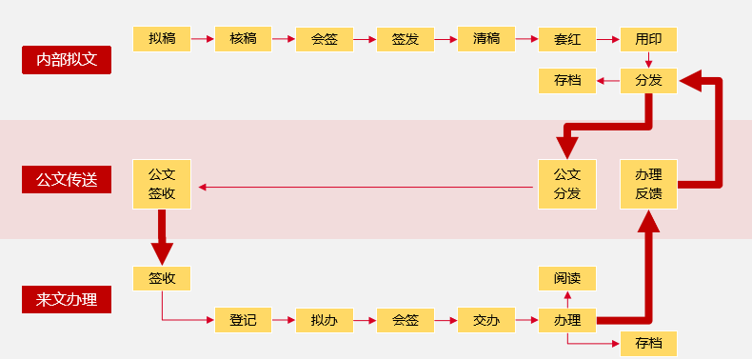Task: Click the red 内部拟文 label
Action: tap(67, 60)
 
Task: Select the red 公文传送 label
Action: tap(67, 179)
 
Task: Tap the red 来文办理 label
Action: tap(67, 299)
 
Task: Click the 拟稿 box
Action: tap(162, 39)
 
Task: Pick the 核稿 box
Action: tap(243, 39)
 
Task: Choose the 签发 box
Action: tap(406, 39)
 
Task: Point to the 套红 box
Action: tap(567, 39)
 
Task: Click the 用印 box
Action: tap(648, 39)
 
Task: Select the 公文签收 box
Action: tap(162, 184)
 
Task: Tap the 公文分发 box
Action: tap(567, 184)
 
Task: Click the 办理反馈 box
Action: tap(648, 184)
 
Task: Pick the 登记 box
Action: tap(243, 320)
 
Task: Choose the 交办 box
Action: tap(486, 320)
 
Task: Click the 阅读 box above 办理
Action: tap(567, 278)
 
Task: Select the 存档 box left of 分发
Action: tap(567, 81)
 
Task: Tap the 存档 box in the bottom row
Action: tap(648, 343)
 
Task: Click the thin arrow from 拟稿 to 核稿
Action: tap(202, 40)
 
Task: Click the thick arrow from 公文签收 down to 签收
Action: tap(162, 236)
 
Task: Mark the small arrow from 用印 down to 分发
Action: tap(648, 60)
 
